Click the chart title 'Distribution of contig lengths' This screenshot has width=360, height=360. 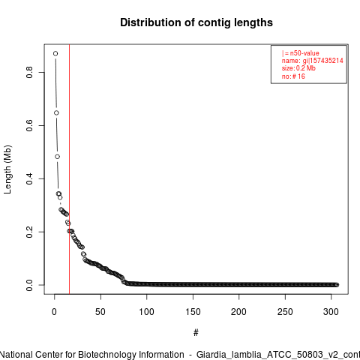tap(196, 22)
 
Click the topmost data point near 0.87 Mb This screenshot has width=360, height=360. tap(55, 53)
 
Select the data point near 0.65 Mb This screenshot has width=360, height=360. tap(56, 113)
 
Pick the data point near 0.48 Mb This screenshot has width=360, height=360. tap(58, 157)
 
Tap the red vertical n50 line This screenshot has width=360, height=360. tap(69, 169)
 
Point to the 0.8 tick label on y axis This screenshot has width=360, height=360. tap(29, 72)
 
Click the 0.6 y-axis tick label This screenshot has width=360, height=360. tap(29, 125)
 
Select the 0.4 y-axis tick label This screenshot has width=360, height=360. tap(29, 178)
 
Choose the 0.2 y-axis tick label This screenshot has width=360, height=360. tap(29, 232)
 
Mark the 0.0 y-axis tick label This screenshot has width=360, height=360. tap(29, 285)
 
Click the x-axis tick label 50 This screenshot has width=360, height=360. tap(100, 312)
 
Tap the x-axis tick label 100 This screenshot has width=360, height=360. tap(146, 312)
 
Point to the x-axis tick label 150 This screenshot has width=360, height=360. tap(193, 312)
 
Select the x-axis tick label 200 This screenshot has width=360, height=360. tap(238, 312)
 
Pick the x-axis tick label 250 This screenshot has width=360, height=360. tap(285, 312)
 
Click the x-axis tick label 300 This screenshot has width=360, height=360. tap(331, 312)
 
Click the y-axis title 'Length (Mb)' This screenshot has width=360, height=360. tap(7, 169)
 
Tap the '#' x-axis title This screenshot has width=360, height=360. tap(196, 333)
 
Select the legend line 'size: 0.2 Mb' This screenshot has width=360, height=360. tap(298, 68)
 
